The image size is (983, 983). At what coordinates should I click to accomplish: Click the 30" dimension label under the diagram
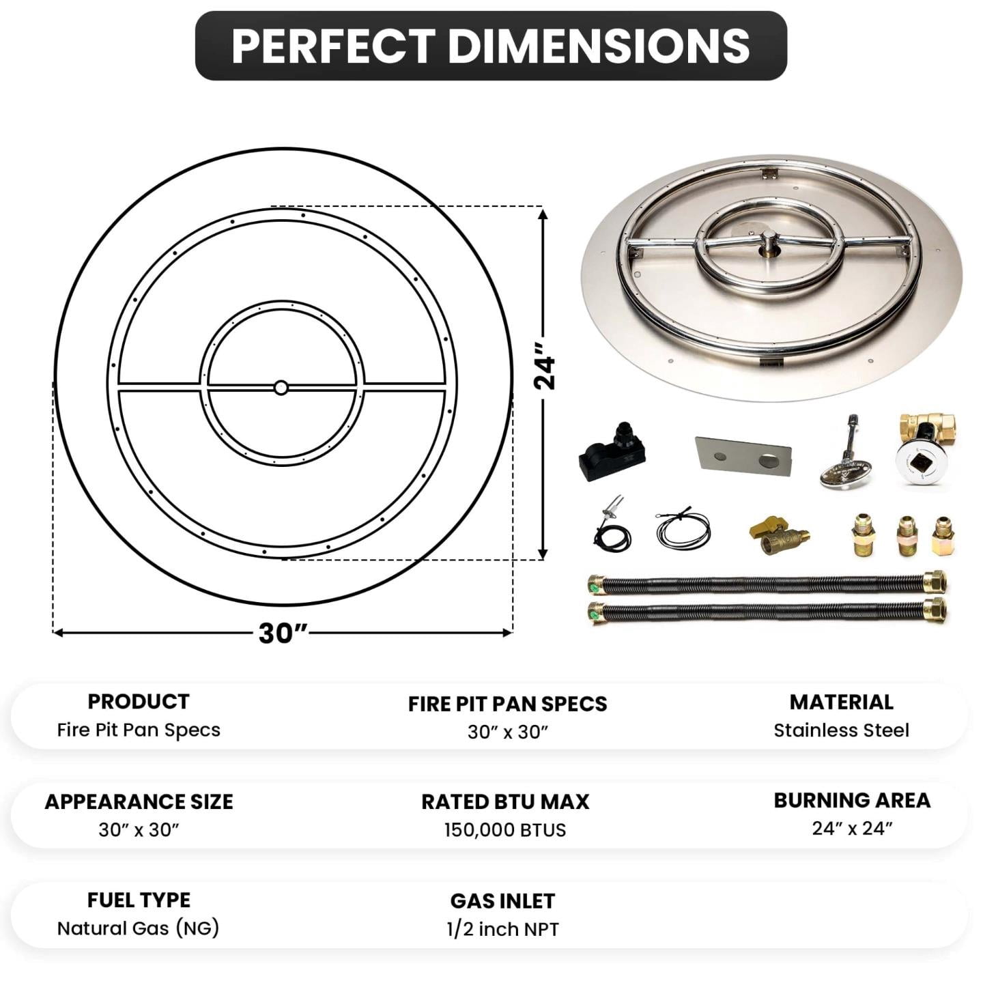tap(283, 633)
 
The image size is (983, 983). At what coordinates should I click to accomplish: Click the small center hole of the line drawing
tap(281, 387)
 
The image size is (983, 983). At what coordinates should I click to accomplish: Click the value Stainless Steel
tap(841, 730)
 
